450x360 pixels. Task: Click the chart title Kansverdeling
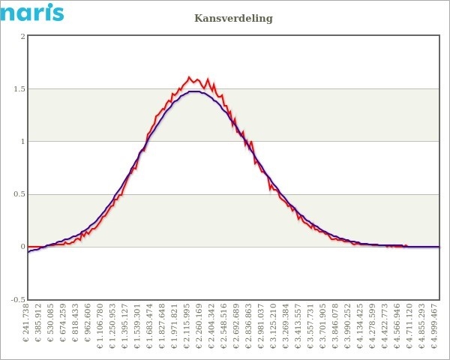point(233,17)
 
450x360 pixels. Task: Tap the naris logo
point(32,12)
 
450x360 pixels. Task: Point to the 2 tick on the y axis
point(22,36)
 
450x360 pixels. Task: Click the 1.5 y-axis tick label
point(19,89)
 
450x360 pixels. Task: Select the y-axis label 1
point(22,142)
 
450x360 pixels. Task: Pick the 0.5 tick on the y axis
point(19,194)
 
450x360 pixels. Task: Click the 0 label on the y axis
point(22,247)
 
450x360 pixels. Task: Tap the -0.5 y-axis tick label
point(18,299)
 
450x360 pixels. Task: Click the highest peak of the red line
point(189,76)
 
